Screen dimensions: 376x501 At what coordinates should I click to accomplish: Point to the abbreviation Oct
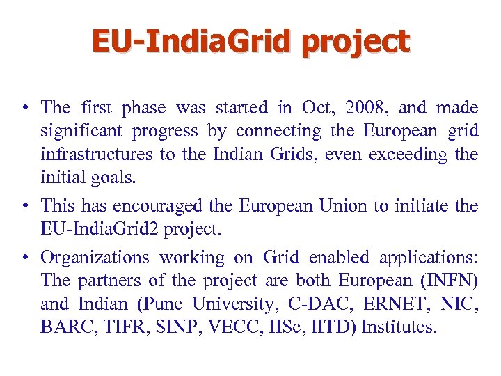(317, 108)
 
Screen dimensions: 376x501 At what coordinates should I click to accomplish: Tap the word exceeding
(406, 154)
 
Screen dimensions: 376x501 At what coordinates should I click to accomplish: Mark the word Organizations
(95, 258)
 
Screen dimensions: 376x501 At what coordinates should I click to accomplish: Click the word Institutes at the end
(400, 327)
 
